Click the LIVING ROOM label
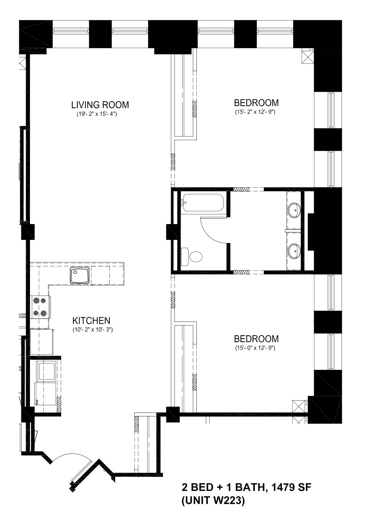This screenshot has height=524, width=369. coord(100,105)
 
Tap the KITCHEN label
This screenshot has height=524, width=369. coord(91,320)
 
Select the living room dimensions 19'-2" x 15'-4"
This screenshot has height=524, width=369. coord(97,115)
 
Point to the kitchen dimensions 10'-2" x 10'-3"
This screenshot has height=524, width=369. coord(93,330)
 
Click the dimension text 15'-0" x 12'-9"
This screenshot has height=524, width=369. coord(255,348)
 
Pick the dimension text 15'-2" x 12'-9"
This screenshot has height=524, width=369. coord(255,112)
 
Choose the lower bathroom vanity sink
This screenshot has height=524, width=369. coord(294,250)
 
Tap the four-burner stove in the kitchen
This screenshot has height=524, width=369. coord(40,307)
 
